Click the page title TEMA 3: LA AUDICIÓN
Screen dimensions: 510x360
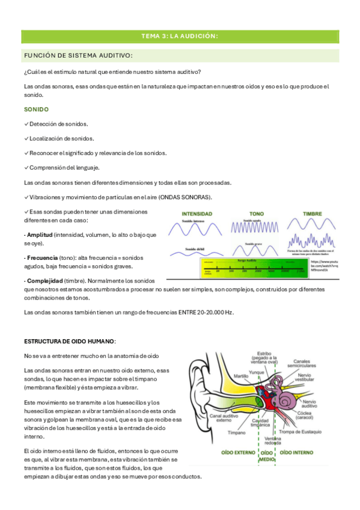point(179,37)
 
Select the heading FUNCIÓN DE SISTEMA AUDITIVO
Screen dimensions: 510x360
point(78,55)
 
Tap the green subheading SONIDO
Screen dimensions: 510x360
point(36,110)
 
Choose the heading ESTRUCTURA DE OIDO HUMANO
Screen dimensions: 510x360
point(69,341)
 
